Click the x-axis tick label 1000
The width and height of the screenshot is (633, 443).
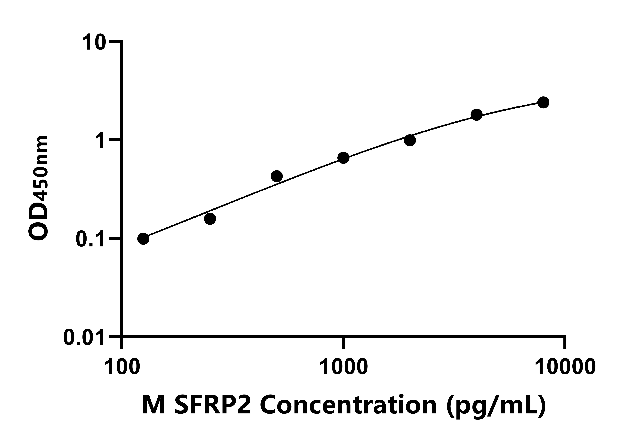(343, 367)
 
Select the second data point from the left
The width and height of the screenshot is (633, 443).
(210, 219)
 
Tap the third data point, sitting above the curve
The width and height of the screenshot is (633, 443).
(277, 176)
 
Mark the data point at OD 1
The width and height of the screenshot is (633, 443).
(410, 140)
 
